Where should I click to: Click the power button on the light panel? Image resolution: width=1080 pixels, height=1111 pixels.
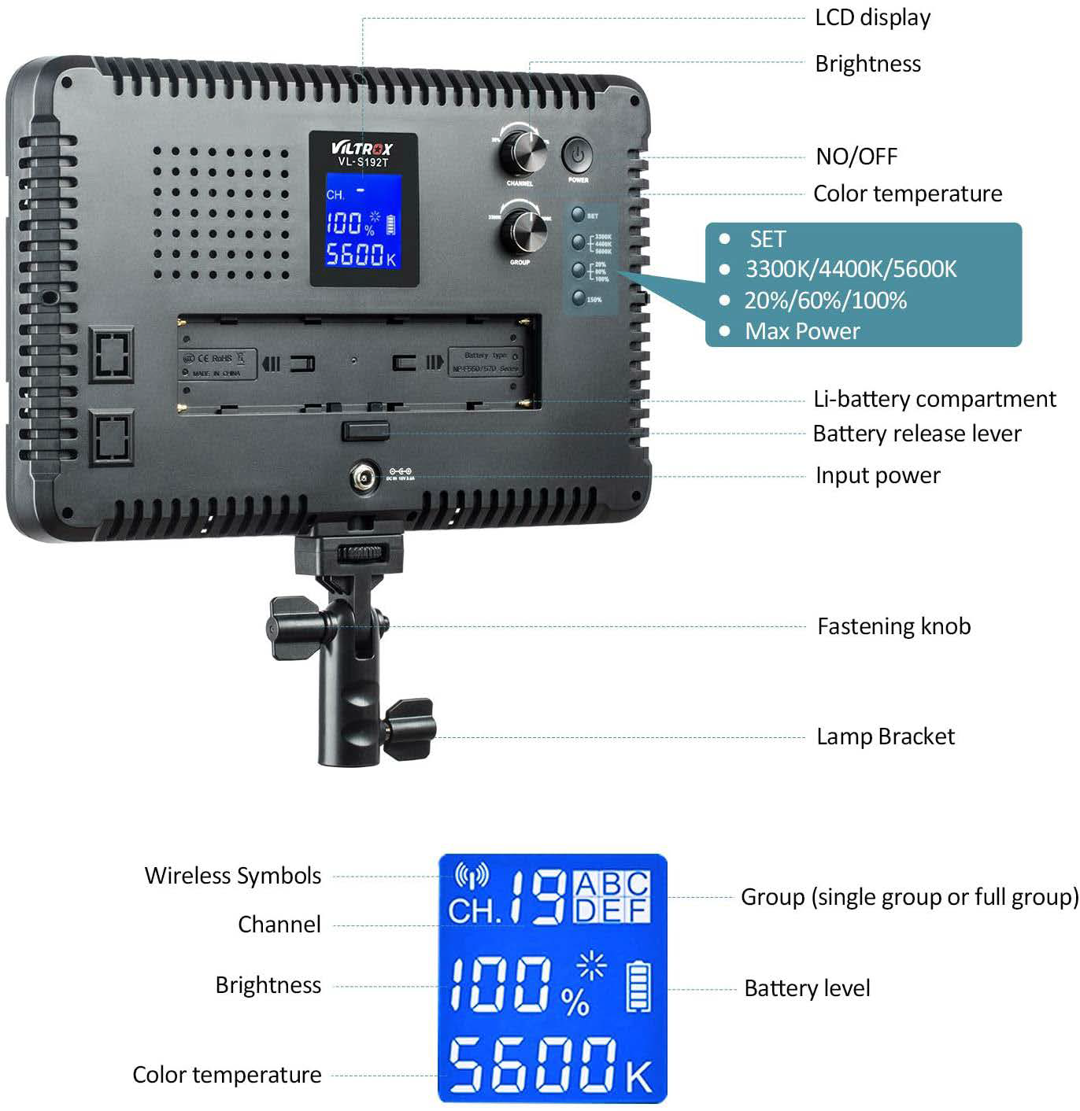[578, 156]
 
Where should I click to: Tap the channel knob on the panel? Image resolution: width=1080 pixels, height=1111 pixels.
[522, 151]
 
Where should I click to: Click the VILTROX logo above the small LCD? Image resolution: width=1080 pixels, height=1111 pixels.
[362, 147]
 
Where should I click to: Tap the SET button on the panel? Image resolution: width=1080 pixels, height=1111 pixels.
[579, 214]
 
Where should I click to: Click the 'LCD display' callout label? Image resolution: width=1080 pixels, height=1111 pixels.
[872, 17]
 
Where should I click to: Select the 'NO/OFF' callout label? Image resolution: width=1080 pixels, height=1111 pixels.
[856, 156]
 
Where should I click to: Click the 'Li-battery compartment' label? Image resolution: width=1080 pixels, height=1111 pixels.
[934, 399]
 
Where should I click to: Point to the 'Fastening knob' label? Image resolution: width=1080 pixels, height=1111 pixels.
[893, 626]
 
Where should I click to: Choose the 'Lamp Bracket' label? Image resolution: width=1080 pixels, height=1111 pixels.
[885, 736]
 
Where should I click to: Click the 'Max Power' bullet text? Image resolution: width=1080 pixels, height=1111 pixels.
[802, 331]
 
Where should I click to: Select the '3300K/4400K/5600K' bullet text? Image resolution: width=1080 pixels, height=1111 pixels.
[851, 269]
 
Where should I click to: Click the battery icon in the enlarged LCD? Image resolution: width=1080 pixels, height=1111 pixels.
[638, 988]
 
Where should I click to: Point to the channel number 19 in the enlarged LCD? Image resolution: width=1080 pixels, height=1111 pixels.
[538, 898]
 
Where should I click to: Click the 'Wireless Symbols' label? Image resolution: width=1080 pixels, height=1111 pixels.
[232, 876]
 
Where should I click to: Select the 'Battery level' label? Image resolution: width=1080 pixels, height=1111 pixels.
[807, 988]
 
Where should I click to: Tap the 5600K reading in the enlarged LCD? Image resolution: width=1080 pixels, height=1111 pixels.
[551, 1065]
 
